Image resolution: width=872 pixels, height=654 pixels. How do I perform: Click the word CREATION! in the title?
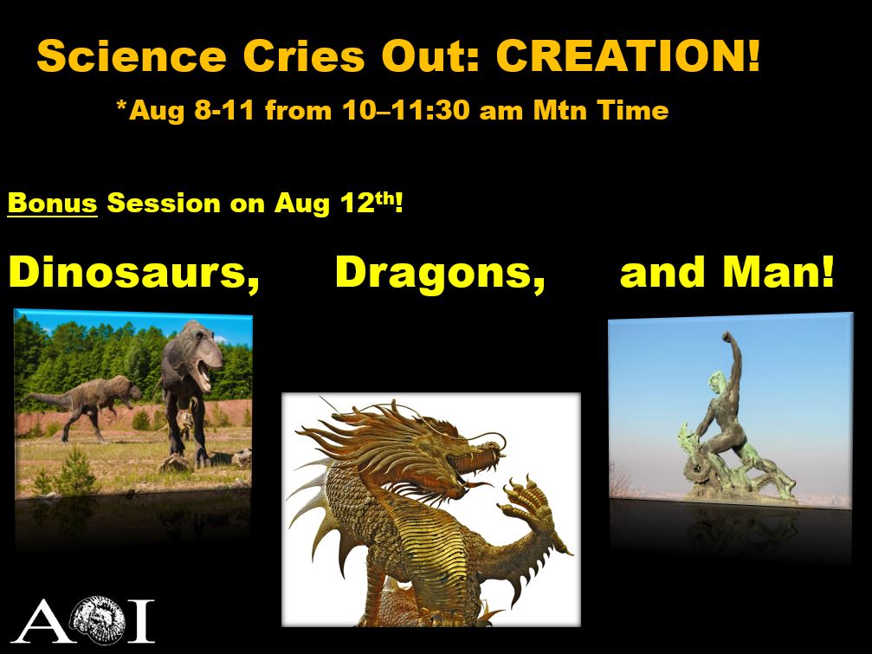point(627,56)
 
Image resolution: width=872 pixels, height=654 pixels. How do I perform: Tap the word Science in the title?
point(132,56)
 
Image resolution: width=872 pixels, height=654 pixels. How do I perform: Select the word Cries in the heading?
point(304,56)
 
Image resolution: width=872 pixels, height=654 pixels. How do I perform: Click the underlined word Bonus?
point(52,203)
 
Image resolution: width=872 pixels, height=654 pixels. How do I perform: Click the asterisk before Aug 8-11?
point(120,104)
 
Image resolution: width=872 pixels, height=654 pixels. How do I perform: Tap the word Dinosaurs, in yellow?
point(134,273)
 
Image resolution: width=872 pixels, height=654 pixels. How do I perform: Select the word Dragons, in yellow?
point(440,273)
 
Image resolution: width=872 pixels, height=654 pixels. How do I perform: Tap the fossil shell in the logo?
point(97,619)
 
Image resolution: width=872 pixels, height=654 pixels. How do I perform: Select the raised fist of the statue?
point(727,337)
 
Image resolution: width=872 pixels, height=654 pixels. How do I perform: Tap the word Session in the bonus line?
point(164,203)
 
